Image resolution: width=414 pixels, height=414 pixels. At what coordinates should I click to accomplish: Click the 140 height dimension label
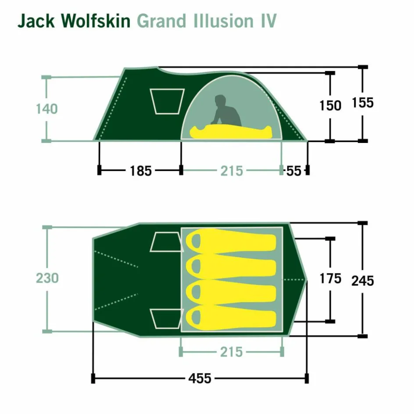[x=46, y=108]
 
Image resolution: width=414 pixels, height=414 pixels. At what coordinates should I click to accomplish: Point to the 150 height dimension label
[x=330, y=106]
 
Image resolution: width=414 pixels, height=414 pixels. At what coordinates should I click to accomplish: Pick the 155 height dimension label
[x=362, y=103]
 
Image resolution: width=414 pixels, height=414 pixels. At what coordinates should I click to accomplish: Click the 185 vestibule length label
[x=140, y=171]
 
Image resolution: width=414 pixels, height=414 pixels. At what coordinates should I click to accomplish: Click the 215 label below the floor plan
[x=231, y=352]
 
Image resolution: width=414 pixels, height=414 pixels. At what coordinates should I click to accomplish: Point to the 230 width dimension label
[x=47, y=278]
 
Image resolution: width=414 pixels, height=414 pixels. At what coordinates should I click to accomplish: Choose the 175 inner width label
[x=330, y=278]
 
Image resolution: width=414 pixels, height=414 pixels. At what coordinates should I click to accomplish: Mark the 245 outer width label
[x=362, y=281]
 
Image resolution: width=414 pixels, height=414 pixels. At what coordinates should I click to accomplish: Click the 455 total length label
[x=200, y=378]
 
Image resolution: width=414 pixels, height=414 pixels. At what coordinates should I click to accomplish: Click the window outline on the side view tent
[x=167, y=101]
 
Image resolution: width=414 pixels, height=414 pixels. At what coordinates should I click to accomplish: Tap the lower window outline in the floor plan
[x=166, y=318]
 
